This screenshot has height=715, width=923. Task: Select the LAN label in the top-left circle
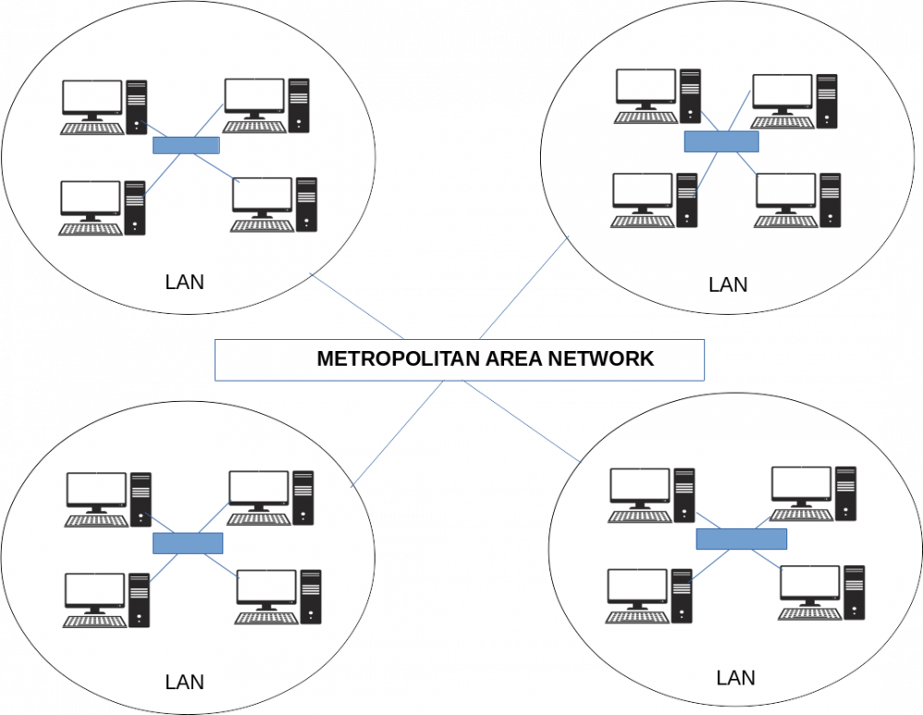click(x=184, y=282)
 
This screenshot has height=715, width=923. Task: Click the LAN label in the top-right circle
click(x=727, y=285)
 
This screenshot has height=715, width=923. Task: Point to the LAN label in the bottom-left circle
click(x=184, y=683)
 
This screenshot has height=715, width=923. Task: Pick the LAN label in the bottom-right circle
click(x=736, y=678)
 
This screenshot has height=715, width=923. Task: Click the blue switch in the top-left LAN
click(x=186, y=146)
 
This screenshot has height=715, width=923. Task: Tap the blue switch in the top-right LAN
click(x=721, y=141)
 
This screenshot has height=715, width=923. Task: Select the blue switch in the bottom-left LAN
click(x=188, y=543)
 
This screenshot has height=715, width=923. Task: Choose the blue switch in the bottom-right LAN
click(x=741, y=538)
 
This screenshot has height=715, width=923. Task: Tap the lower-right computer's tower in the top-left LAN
click(x=306, y=204)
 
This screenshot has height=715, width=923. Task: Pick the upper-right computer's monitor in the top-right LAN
click(x=782, y=92)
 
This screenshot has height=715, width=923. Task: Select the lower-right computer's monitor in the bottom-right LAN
click(x=809, y=586)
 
